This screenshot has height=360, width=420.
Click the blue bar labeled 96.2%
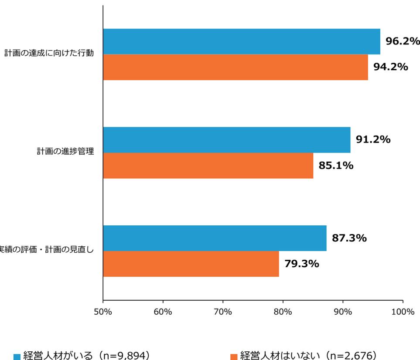[x=241, y=42]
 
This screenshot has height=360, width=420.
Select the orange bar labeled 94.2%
[x=235, y=68]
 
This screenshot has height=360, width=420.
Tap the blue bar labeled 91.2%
[x=226, y=140]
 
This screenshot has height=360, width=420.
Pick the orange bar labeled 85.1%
[x=208, y=166]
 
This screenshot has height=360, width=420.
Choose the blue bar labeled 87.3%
[x=215, y=238]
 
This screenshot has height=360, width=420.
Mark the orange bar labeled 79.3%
[x=191, y=264]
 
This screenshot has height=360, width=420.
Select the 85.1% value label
[x=336, y=166]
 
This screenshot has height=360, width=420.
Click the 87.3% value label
[x=349, y=238]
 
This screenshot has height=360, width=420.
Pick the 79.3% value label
[x=302, y=264]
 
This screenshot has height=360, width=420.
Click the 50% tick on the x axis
[x=103, y=312]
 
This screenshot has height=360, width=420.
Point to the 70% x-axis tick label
[x=223, y=312]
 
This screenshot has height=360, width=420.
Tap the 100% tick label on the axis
[x=403, y=312]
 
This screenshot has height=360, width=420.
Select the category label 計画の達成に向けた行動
[x=49, y=54]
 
